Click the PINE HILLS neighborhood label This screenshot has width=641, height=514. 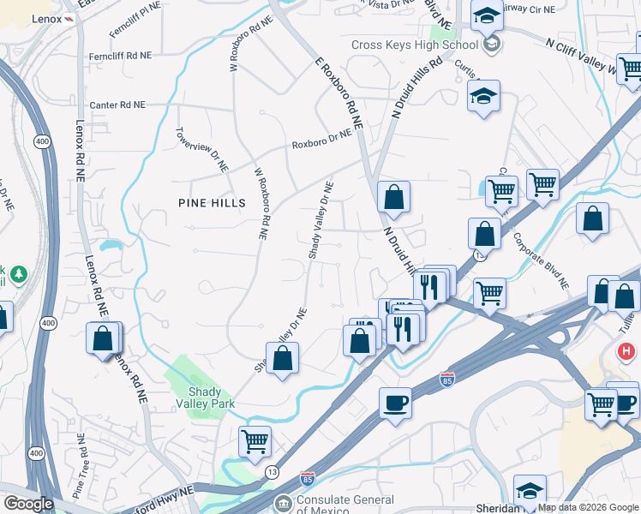coord(212,203)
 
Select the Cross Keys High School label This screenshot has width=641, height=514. coord(414,45)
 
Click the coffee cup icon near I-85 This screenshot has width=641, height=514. coord(395,401)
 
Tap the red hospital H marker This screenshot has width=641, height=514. coord(627,351)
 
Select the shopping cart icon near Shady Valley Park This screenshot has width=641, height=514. coord(255,442)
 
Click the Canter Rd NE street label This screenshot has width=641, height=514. coord(117,105)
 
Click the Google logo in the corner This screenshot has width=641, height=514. coord(28,504)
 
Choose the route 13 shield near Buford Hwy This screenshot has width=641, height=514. coord(272,472)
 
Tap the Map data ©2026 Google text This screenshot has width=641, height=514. coord(588,507)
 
